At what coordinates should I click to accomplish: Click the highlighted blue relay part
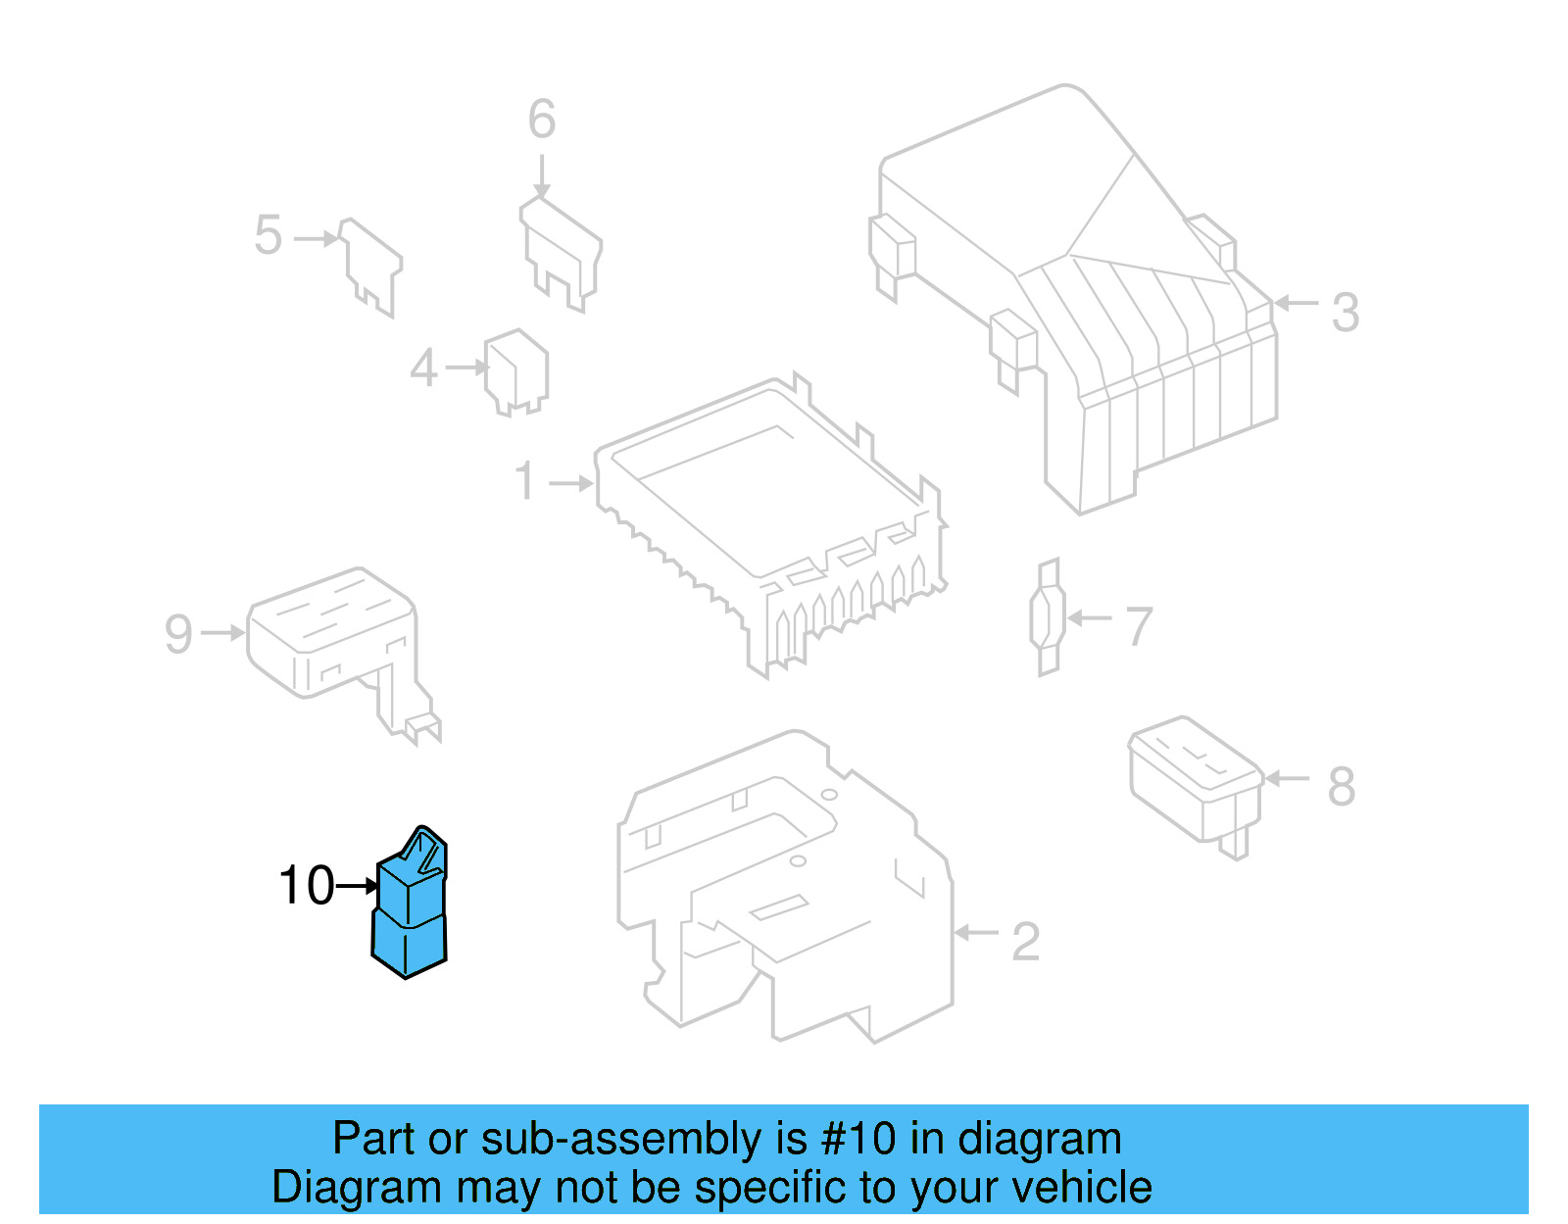coord(410,906)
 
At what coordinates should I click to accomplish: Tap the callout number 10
coord(306,886)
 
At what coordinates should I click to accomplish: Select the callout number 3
coord(1345,313)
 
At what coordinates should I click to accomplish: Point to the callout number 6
coord(541,121)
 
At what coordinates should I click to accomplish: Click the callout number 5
coord(268,236)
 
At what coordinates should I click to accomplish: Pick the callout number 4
coord(423,368)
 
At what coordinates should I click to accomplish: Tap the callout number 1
coord(526,481)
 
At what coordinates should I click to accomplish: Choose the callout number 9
coord(178,633)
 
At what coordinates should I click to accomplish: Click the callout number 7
coord(1138,626)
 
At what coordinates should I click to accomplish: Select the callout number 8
coord(1341,786)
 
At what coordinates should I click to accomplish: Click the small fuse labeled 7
coord(1049,617)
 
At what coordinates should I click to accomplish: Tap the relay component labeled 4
coord(516,370)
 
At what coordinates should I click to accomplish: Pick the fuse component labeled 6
coord(561,251)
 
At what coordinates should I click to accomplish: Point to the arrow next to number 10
coord(357,886)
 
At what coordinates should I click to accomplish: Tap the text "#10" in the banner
coord(857,1139)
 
